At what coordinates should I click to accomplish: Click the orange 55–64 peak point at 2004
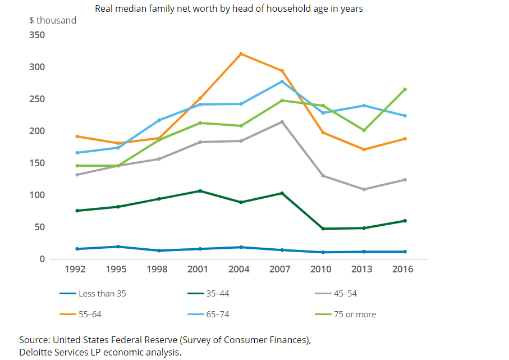click(x=241, y=54)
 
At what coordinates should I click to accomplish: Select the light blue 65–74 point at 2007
click(x=282, y=81)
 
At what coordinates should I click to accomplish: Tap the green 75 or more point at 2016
click(x=405, y=89)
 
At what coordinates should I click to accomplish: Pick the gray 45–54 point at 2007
click(x=282, y=122)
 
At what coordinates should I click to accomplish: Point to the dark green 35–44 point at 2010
click(x=323, y=229)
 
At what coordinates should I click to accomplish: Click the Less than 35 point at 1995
click(x=118, y=247)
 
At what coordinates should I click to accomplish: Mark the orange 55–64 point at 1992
click(x=77, y=136)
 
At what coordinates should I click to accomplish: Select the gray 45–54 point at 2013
click(x=364, y=189)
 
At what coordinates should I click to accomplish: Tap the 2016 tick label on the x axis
click(x=403, y=269)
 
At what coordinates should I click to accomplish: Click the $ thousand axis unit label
click(x=53, y=21)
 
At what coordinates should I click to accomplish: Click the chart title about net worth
click(x=229, y=9)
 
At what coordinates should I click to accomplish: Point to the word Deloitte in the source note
click(x=35, y=352)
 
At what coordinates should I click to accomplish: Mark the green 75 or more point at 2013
click(x=364, y=130)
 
